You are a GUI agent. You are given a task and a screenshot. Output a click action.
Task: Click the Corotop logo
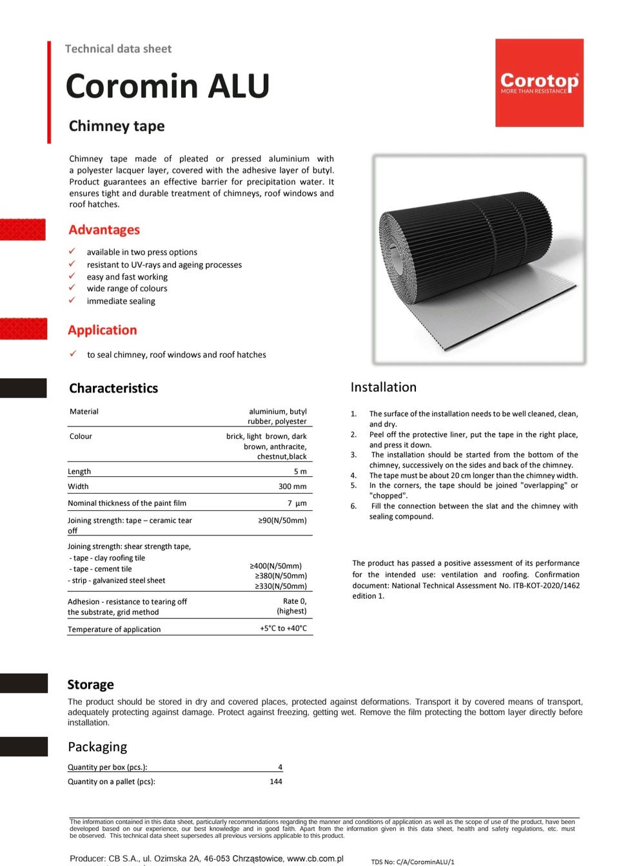(x=539, y=82)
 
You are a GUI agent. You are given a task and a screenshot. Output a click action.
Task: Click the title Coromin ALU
(x=168, y=86)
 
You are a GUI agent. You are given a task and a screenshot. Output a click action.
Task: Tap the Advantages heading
(x=104, y=230)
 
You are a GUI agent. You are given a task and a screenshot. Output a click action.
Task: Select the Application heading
(x=103, y=330)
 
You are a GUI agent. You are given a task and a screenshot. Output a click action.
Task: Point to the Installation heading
(x=384, y=387)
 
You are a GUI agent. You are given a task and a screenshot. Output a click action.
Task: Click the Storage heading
(x=90, y=684)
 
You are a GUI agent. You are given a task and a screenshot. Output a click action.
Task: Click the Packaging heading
(x=97, y=747)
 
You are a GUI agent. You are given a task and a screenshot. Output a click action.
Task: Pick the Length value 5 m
(x=300, y=472)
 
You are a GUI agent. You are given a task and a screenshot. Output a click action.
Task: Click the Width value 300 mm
(x=292, y=486)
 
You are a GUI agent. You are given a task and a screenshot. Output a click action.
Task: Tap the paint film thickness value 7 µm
(x=297, y=503)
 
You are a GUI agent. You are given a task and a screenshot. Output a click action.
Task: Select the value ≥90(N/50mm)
(x=282, y=521)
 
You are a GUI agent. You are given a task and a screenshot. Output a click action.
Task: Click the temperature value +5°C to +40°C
(x=283, y=628)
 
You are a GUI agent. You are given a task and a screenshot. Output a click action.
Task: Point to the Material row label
(x=84, y=412)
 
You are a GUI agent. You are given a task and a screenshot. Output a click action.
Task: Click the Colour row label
(x=81, y=436)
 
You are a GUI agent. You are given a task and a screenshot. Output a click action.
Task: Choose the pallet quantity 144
(x=276, y=782)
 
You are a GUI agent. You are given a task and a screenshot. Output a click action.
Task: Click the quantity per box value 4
(x=280, y=767)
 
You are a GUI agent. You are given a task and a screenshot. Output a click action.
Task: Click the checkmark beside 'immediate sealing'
(x=72, y=300)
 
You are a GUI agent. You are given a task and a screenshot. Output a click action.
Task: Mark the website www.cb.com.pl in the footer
(x=315, y=858)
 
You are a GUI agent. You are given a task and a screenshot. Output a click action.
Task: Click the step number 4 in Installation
(x=353, y=476)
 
